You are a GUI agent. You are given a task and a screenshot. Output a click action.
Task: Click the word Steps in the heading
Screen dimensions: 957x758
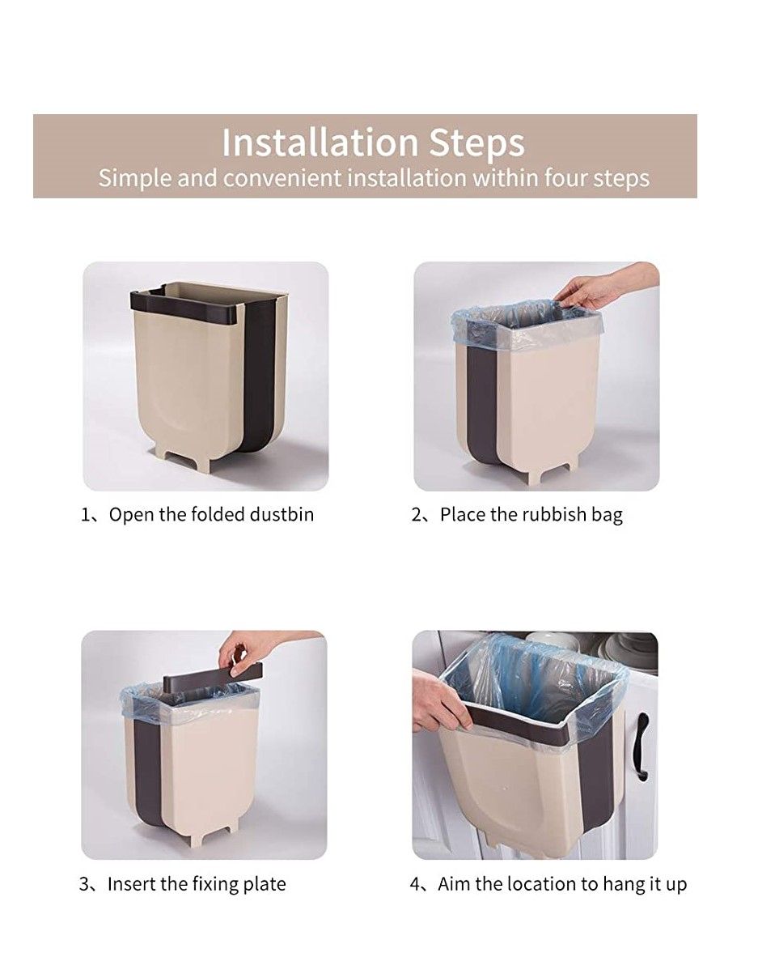[476, 144]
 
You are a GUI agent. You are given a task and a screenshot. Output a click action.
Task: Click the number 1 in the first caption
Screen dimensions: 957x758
[85, 514]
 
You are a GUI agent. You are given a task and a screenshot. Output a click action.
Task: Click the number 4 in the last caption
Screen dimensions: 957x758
[415, 884]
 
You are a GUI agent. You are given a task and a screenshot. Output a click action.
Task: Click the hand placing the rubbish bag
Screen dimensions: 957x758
[591, 289]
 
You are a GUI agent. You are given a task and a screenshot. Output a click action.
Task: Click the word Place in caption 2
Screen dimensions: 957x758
[464, 514]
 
